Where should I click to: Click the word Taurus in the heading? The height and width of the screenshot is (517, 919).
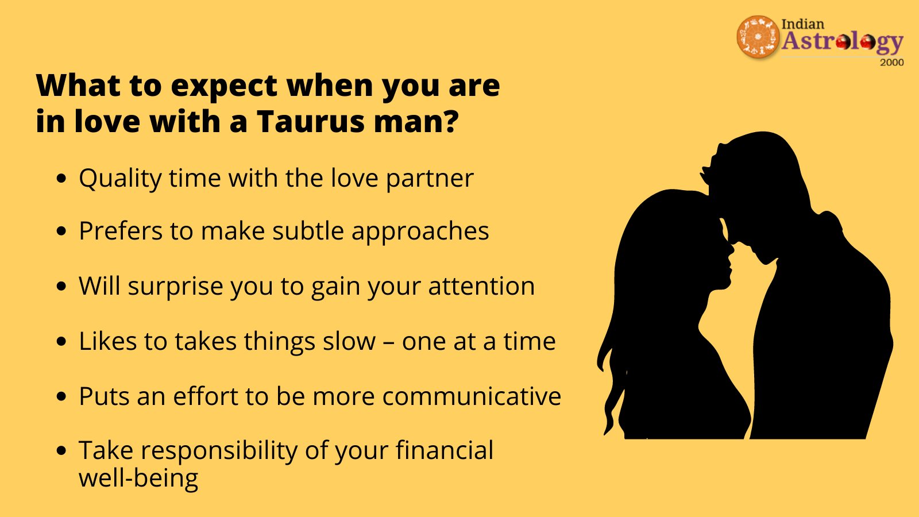point(311,121)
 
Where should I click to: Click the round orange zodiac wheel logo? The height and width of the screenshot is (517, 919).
point(758,37)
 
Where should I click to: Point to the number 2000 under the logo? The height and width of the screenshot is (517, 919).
point(892,63)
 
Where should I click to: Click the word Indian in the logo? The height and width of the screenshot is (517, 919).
point(803,24)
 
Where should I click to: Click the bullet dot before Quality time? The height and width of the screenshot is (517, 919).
point(61,179)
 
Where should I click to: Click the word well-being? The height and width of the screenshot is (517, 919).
point(138,479)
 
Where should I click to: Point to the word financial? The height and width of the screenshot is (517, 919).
point(445,450)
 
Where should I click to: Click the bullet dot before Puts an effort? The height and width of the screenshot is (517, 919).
point(61,397)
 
